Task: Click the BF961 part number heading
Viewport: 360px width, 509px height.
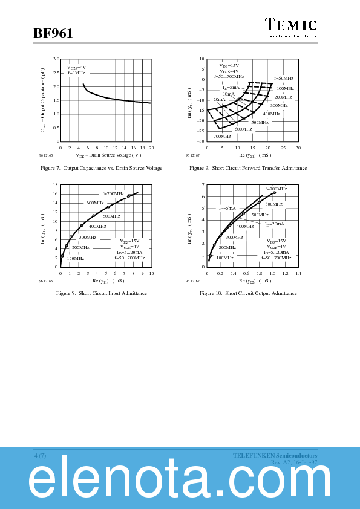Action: tap(53, 34)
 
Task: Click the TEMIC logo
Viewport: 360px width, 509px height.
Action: tap(291, 25)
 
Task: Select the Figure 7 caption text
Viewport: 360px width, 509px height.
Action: tap(101, 168)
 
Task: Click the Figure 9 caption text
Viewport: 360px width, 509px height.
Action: tap(248, 168)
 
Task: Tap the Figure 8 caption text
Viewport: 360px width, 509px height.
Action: tap(101, 293)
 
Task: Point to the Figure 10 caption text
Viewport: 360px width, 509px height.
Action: tap(248, 293)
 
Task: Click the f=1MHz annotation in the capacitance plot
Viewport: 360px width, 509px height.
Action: tap(76, 73)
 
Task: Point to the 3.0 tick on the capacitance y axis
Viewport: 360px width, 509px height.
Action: tap(55, 59)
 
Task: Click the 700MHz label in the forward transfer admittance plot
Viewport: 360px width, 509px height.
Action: tap(222, 137)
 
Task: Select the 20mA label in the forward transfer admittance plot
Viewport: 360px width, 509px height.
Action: tap(219, 99)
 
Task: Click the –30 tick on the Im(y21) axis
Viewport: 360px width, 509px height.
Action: tap(201, 141)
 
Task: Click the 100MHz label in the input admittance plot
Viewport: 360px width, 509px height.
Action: tap(75, 258)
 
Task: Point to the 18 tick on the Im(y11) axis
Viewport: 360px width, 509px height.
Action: tap(55, 185)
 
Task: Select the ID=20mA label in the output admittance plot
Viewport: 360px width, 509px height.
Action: tap(274, 224)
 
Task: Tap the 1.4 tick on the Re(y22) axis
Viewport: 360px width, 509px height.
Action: tap(298, 274)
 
